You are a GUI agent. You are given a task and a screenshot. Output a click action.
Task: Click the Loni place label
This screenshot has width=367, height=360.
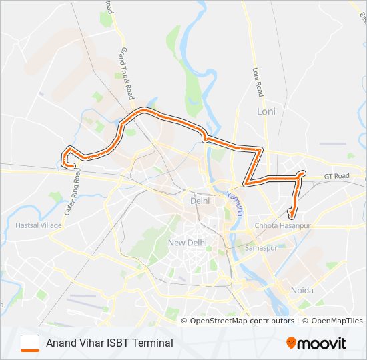tap(266, 111)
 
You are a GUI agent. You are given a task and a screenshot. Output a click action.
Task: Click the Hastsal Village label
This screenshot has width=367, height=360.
tap(38, 225)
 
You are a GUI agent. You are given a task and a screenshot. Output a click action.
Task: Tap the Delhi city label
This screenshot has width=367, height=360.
tap(200, 200)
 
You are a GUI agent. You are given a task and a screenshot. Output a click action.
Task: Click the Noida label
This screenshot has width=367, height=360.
tap(302, 290)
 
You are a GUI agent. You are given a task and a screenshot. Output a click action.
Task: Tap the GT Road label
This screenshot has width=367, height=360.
tap(336, 176)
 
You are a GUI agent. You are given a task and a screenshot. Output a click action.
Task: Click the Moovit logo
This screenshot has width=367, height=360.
tap(316, 343)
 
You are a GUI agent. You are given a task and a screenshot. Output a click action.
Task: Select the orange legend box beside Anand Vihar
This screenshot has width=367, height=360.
tap(31, 343)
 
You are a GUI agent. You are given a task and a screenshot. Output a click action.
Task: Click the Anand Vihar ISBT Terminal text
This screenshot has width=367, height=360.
tap(109, 343)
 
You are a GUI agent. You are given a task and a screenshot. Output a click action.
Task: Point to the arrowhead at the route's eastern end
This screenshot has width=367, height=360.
tap(291, 215)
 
